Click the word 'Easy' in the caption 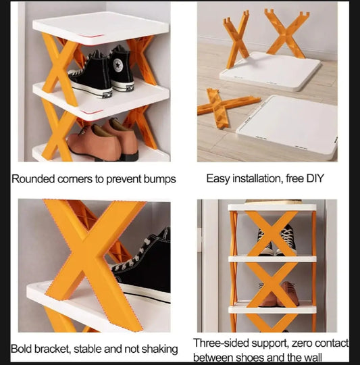click(x=218, y=180)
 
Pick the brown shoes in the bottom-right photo click(x=274, y=295)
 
